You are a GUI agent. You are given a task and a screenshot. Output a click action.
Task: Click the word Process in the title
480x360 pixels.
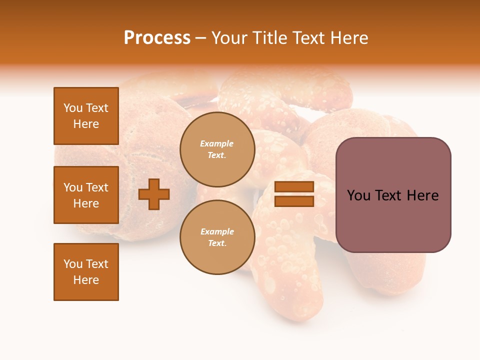(x=157, y=38)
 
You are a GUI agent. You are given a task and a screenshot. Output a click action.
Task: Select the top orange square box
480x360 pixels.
(x=86, y=116)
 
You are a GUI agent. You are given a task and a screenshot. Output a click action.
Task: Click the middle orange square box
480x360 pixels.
(x=86, y=195)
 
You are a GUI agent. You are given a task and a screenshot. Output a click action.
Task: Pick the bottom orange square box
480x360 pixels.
(x=86, y=272)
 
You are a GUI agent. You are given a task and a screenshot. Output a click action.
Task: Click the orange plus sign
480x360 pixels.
(x=154, y=194)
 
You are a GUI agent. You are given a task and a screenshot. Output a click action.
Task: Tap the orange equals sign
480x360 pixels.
(x=294, y=194)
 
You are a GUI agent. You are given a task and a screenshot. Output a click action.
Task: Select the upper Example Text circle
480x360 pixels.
(x=217, y=149)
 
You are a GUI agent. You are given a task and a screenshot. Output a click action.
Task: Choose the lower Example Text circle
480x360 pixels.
(x=217, y=237)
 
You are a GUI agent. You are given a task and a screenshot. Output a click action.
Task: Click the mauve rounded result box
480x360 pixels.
(x=393, y=195)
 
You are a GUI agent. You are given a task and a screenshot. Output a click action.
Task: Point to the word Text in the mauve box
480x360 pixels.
(x=392, y=195)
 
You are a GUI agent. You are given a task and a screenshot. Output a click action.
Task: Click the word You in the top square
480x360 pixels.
(x=72, y=108)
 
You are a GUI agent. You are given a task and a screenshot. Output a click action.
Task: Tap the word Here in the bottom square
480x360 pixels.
(x=86, y=280)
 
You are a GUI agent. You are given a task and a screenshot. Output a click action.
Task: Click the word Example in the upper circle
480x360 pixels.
(x=217, y=143)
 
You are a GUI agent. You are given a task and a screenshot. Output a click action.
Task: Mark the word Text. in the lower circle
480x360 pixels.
(x=217, y=243)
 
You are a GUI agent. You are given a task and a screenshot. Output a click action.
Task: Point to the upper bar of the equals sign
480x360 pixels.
(x=294, y=187)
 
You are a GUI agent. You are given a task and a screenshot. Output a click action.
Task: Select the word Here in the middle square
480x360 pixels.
(x=86, y=203)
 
